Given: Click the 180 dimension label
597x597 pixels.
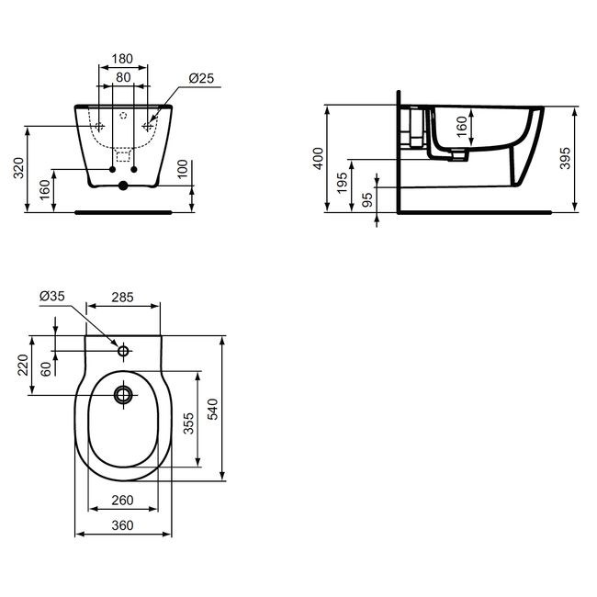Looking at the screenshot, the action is click(x=122, y=59).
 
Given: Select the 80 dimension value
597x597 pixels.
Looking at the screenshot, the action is click(x=123, y=77).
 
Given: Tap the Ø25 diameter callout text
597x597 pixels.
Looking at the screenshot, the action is click(x=201, y=78).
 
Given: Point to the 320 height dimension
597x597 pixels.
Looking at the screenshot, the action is click(x=19, y=167).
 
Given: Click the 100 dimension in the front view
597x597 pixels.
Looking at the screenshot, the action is click(x=183, y=169).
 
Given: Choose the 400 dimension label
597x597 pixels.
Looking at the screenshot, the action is click(x=319, y=158).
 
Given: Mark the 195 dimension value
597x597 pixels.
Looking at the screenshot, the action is click(x=343, y=183).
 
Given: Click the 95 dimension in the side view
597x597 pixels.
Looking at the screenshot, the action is click(x=367, y=200).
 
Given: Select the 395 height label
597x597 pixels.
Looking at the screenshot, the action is click(x=566, y=158).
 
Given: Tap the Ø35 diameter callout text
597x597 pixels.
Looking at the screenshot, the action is click(x=52, y=296).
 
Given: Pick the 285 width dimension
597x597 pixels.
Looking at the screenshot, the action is click(x=122, y=297).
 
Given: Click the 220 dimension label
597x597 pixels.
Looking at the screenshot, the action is click(x=23, y=365).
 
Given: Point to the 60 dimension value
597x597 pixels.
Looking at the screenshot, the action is click(x=46, y=369).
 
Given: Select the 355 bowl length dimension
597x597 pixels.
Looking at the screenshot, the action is click(x=189, y=423).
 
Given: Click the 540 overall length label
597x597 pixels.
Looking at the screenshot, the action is click(x=214, y=409).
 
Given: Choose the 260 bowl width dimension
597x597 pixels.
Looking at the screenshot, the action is click(x=122, y=500).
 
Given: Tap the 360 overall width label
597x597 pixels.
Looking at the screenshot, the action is click(x=122, y=525).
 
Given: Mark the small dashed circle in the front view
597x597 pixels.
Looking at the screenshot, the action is click(x=123, y=115).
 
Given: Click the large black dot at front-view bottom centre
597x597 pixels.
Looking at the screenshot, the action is click(x=123, y=186).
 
